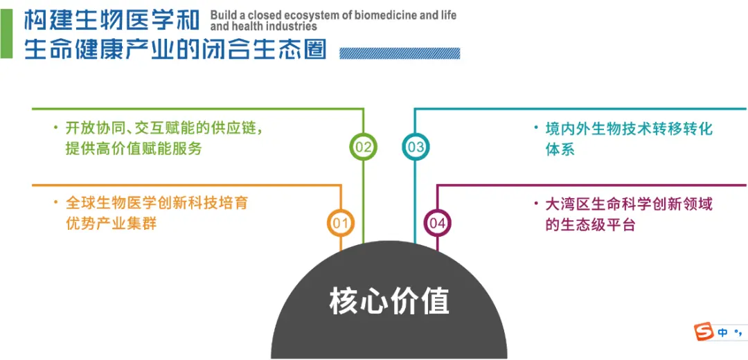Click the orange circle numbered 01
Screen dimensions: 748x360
[341, 223]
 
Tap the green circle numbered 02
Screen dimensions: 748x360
[363, 147]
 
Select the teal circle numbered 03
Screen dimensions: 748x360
[416, 147]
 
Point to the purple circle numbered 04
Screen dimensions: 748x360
[438, 223]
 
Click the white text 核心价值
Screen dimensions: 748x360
[389, 301]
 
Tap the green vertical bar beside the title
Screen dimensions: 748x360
[6, 35]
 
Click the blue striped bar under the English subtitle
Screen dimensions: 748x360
[400, 53]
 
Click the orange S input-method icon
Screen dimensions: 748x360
[703, 331]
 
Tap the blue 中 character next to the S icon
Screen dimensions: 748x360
[723, 332]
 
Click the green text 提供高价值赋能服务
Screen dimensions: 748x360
[134, 149]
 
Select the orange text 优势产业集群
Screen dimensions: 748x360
[111, 224]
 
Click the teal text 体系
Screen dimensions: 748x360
[560, 150]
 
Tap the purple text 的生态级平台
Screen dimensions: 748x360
[591, 224]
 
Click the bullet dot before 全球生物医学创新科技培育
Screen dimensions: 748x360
[56, 203]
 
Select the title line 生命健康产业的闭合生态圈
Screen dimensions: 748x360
[176, 49]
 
